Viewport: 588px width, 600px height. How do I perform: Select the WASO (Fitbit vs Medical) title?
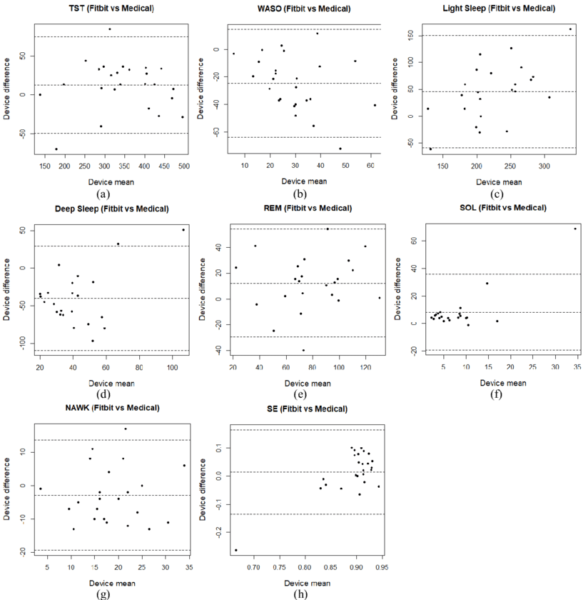coord(303,9)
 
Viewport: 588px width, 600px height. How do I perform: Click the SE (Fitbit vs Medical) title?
coord(304,409)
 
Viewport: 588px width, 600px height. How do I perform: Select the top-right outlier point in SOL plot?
coord(574,229)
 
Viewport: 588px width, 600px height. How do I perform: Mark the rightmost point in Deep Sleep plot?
coord(183,230)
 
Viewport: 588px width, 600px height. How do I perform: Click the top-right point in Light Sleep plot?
coord(570,29)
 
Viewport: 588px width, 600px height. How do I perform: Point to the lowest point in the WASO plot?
coord(340,149)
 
